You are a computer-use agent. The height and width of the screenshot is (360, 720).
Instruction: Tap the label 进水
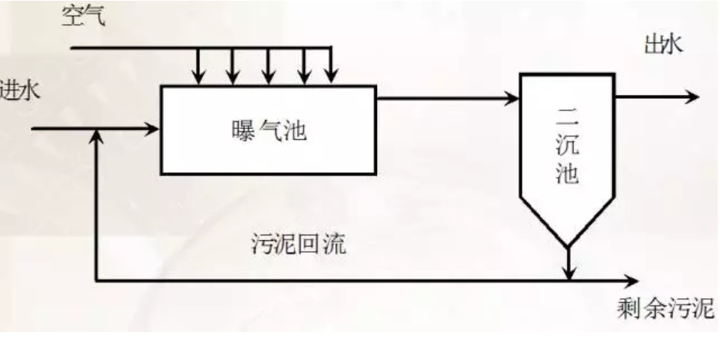pos(17,90)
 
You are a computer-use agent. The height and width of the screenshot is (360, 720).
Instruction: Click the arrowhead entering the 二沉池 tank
pos(511,98)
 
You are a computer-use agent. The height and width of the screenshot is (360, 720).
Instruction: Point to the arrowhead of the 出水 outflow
pos(692,97)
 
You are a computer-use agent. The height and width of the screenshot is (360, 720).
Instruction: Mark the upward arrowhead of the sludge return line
pos(96,135)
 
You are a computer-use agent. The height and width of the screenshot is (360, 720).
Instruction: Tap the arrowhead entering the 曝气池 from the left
pos(153,129)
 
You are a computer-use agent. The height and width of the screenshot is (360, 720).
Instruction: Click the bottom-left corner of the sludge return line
pos(96,280)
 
